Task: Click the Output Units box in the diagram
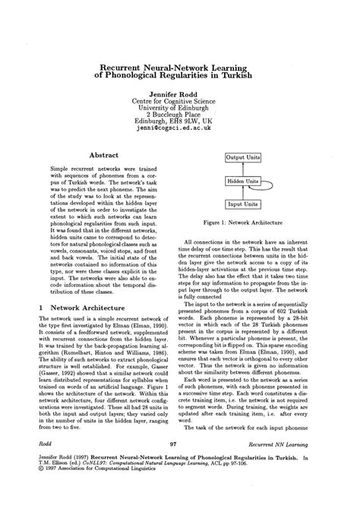pos(242,158)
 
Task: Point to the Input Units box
pos(242,204)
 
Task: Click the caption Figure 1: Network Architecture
pos(243,224)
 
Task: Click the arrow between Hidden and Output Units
pos(242,169)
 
